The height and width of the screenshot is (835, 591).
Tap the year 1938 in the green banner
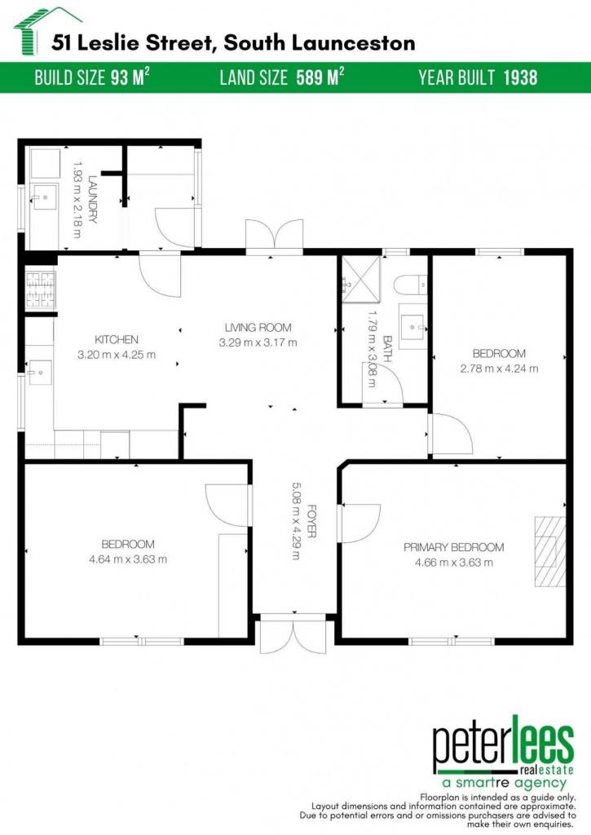pos(520,77)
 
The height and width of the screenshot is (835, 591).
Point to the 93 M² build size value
pos(130,77)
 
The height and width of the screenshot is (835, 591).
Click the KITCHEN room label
pos(117,339)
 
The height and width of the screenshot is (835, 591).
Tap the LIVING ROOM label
pos(258,328)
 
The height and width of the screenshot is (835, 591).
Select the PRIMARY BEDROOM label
pos(453,547)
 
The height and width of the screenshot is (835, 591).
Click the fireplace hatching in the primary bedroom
pos(550,551)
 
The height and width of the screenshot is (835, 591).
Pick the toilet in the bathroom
pos(411,285)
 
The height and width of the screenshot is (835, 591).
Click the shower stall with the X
pos(361,279)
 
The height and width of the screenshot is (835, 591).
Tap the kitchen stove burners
pos(41,290)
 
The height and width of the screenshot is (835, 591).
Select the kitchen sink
pos(39,372)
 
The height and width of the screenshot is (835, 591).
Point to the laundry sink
pos(45,197)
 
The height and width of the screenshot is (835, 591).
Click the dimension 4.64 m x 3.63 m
pos(128,559)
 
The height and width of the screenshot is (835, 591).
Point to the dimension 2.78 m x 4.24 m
pos(500,368)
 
